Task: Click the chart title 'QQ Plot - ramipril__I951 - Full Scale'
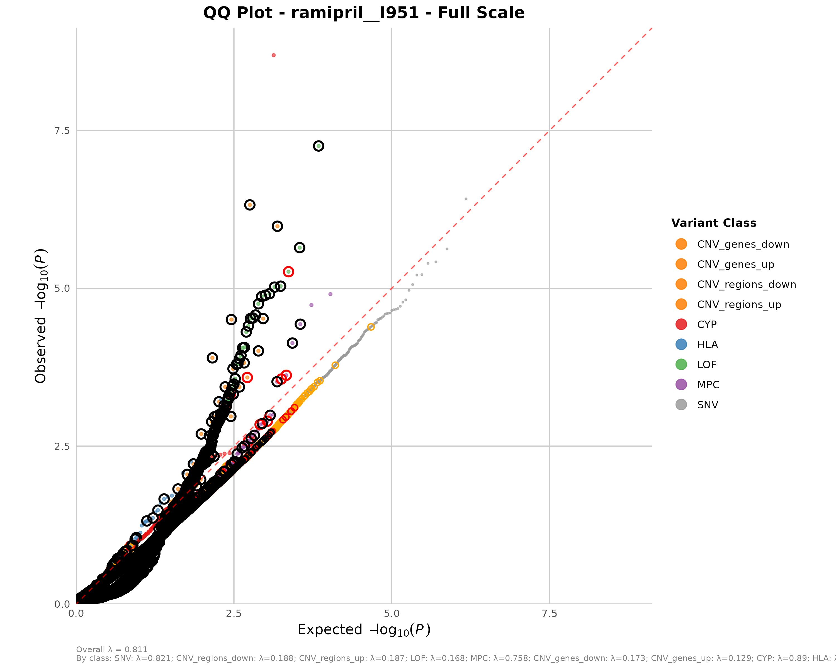pyautogui.click(x=364, y=13)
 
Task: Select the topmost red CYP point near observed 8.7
pyautogui.click(x=273, y=55)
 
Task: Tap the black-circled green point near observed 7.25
pyautogui.click(x=318, y=146)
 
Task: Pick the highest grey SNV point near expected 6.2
pyautogui.click(x=466, y=199)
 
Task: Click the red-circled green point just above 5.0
pyautogui.click(x=288, y=272)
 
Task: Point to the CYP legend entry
pyautogui.click(x=706, y=325)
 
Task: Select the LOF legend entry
pyautogui.click(x=706, y=365)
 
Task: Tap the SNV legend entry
pyautogui.click(x=707, y=405)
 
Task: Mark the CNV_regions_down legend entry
pyautogui.click(x=746, y=284)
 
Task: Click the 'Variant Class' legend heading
pyautogui.click(x=713, y=223)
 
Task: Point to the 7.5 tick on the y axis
pyautogui.click(x=62, y=131)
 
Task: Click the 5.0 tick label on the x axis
pyautogui.click(x=392, y=613)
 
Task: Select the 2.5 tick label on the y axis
pyautogui.click(x=62, y=446)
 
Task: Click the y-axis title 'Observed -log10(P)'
pyautogui.click(x=41, y=316)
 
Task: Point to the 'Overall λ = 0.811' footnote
pyautogui.click(x=112, y=649)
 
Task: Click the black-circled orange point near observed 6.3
pyautogui.click(x=250, y=205)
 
